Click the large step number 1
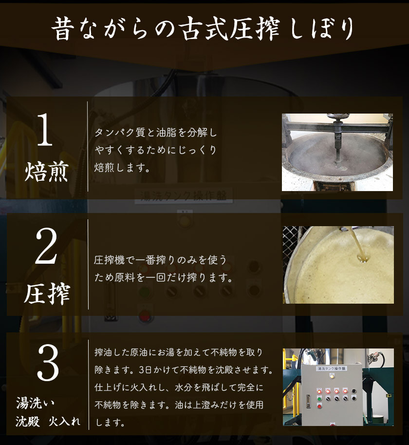coord(45,129)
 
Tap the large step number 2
coord(46,246)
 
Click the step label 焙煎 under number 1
coord(46,172)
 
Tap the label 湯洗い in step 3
coord(35,403)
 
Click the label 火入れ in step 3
coord(65,422)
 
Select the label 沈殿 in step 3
coord(27,422)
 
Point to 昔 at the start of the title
coord(63,28)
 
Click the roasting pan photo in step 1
coord(337,153)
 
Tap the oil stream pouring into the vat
coord(358,245)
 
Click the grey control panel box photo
coord(332,395)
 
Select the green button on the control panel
coord(319,399)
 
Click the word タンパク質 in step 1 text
coord(120,133)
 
